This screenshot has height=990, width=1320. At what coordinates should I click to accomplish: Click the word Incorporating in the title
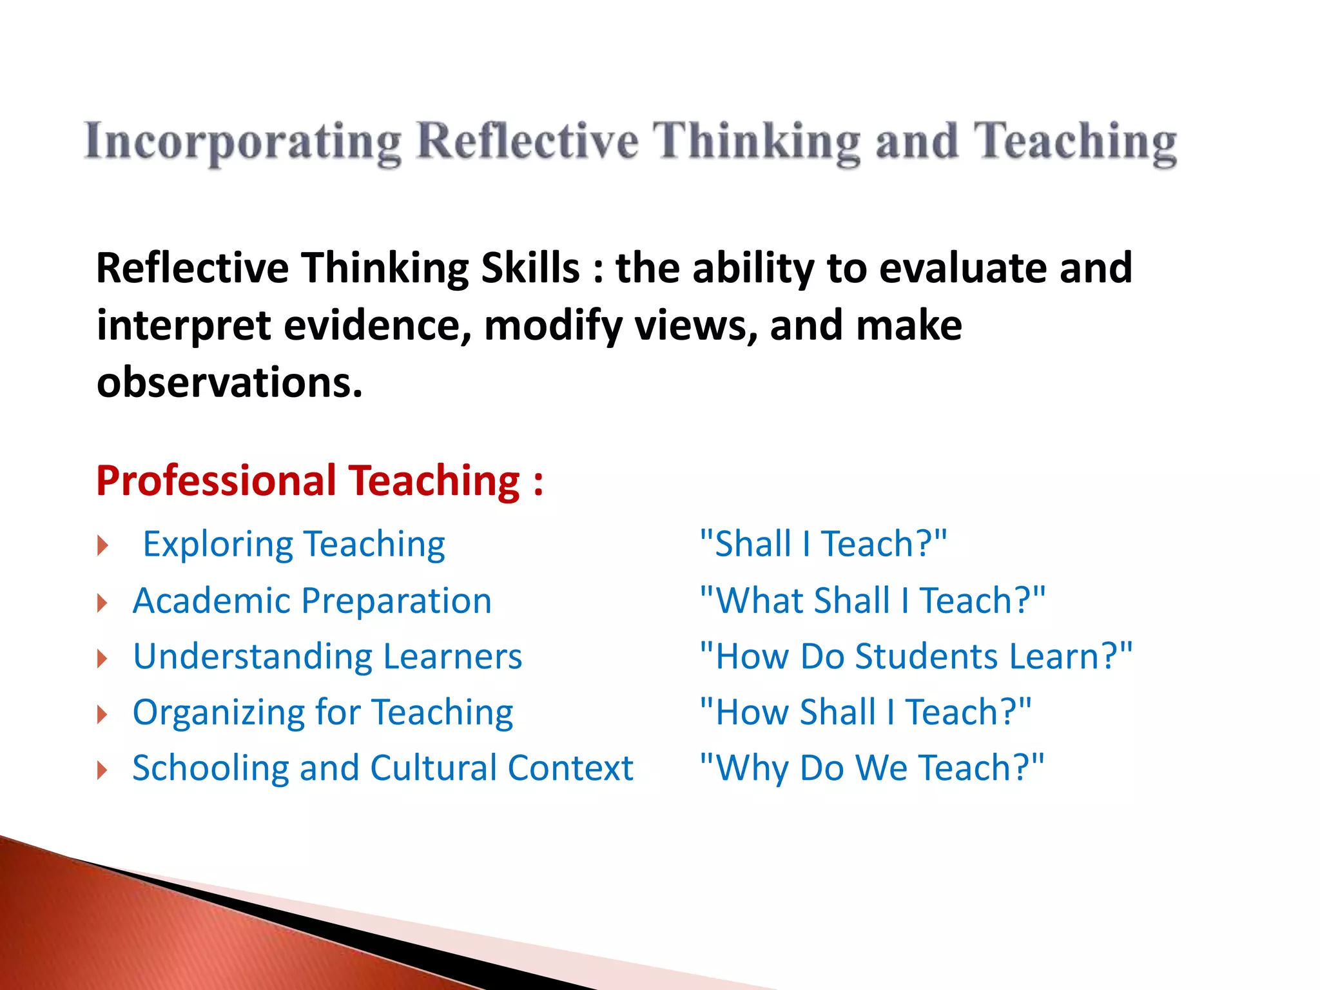(x=243, y=142)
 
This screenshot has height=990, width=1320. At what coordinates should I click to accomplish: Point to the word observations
(x=229, y=382)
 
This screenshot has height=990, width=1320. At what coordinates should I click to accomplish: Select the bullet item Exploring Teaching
(x=294, y=544)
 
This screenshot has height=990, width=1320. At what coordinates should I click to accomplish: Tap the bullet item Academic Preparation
(x=312, y=601)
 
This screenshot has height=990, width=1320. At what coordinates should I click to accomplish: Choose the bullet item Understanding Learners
(x=327, y=657)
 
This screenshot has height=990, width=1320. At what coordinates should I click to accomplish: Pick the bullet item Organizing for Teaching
(x=323, y=713)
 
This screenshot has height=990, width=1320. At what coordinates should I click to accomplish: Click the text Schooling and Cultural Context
(x=383, y=768)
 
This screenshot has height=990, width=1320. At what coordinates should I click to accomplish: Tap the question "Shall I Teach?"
(x=823, y=544)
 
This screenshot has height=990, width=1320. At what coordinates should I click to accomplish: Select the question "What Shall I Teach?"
(x=872, y=601)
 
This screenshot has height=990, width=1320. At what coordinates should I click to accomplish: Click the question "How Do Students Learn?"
(x=916, y=657)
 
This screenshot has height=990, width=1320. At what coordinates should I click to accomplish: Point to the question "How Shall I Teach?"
(x=866, y=713)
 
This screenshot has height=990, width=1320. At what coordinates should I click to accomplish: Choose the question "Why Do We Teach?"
(x=871, y=768)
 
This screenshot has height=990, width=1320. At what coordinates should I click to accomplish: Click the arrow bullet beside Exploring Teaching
(x=102, y=546)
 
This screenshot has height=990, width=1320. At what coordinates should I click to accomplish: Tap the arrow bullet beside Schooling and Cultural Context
(x=102, y=770)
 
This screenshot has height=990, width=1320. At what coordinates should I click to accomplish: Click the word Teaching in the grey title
(x=1074, y=142)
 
